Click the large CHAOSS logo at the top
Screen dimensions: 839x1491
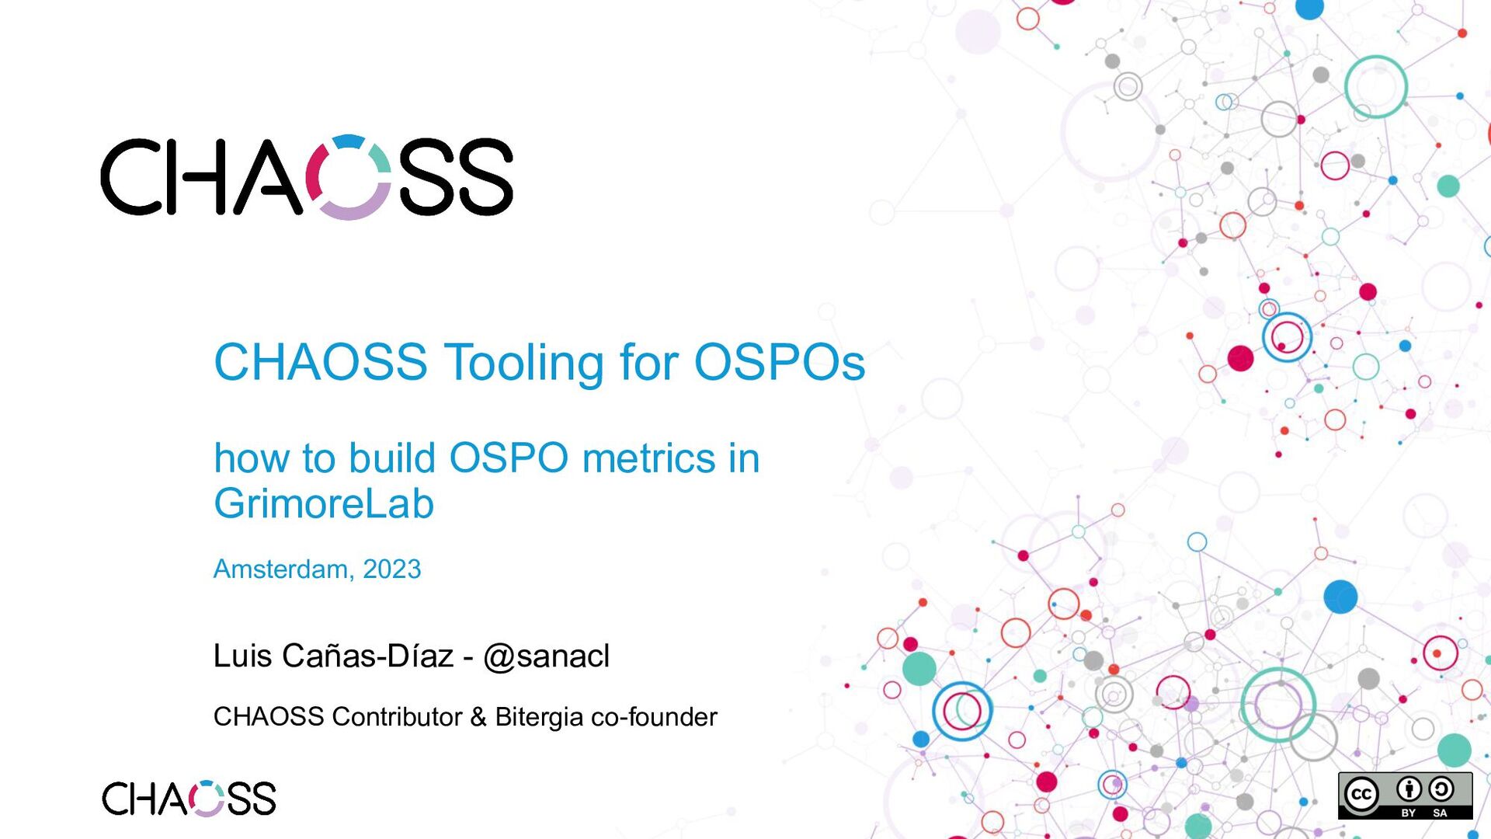(307, 177)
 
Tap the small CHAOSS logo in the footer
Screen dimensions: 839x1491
(189, 799)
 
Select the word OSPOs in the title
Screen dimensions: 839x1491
(779, 363)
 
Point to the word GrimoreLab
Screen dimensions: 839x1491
(324, 503)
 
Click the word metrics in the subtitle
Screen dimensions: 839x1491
(648, 458)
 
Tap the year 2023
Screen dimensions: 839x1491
(392, 569)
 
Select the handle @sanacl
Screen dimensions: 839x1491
(547, 656)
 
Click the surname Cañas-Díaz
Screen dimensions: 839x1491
(367, 656)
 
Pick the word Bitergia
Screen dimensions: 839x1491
(539, 716)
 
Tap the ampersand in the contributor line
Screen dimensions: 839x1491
(478, 716)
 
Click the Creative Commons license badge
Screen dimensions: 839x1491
(1405, 795)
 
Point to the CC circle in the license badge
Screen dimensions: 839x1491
(1361, 795)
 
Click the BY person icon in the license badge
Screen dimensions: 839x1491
(1409, 790)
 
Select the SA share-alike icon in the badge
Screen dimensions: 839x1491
(1441, 790)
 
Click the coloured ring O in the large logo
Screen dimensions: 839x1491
(348, 177)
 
